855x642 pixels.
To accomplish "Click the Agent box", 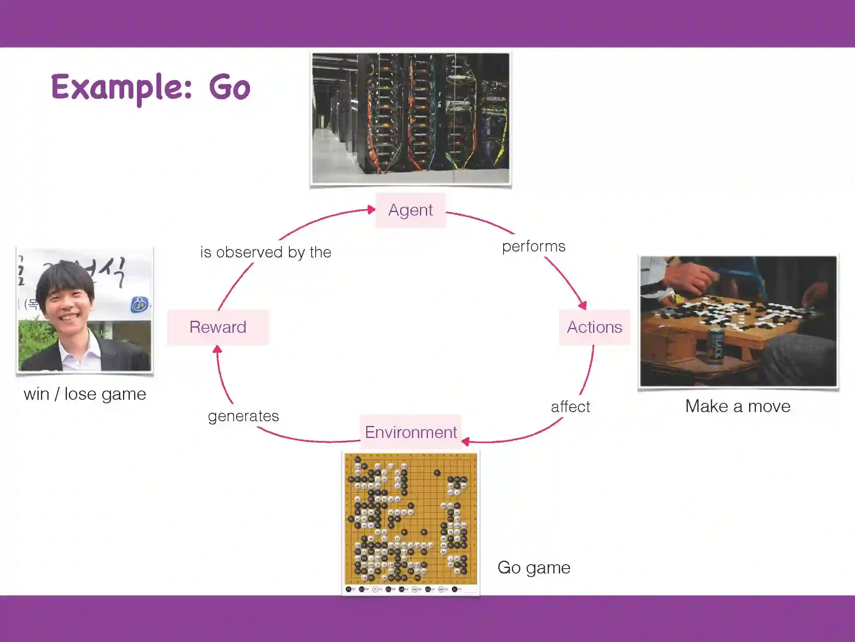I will tap(410, 210).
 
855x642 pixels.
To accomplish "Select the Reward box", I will tap(218, 327).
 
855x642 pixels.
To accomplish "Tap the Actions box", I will tap(594, 327).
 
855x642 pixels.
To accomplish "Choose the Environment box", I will tap(411, 432).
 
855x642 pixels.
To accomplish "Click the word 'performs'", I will tap(533, 246).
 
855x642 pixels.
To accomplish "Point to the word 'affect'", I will tap(570, 407).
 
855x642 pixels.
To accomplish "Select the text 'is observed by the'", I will tap(265, 252).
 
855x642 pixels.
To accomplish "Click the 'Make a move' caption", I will tap(738, 406).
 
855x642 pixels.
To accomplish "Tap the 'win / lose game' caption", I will tap(85, 395).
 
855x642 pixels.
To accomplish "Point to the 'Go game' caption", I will tap(534, 567).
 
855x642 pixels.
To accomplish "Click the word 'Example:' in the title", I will tap(121, 88).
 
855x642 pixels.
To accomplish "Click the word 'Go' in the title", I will tap(230, 88).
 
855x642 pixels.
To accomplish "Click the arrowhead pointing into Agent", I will tap(371, 210).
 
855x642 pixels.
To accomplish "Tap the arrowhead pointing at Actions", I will tap(583, 305).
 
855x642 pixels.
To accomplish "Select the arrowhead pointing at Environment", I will tap(466, 441).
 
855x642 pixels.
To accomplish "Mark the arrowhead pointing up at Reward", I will tap(217, 349).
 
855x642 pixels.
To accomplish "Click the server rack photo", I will tap(410, 118).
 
